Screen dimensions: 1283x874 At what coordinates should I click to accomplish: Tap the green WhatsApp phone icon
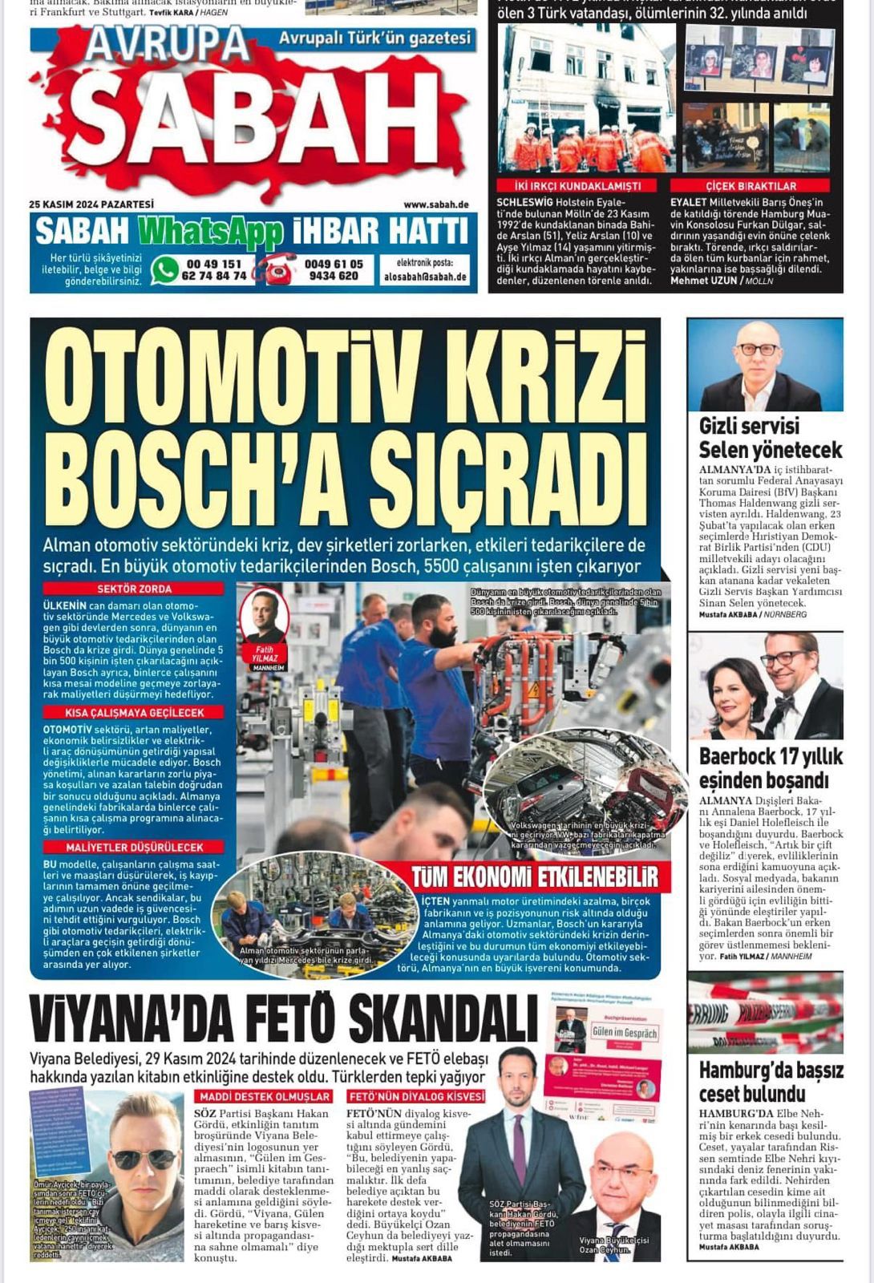point(164,269)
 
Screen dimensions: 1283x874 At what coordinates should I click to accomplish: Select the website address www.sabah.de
point(436,204)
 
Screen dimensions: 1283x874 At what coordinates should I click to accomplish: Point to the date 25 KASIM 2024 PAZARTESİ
point(91,204)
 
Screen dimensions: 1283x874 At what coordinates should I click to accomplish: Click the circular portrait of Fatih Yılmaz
point(264,616)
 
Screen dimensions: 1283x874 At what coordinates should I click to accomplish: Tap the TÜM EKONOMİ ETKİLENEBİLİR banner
point(535,876)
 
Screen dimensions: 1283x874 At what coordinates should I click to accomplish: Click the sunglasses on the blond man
point(144,1159)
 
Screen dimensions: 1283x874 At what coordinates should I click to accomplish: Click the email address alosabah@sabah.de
point(425,277)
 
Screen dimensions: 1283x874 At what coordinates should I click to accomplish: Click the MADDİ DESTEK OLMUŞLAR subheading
point(265,1096)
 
